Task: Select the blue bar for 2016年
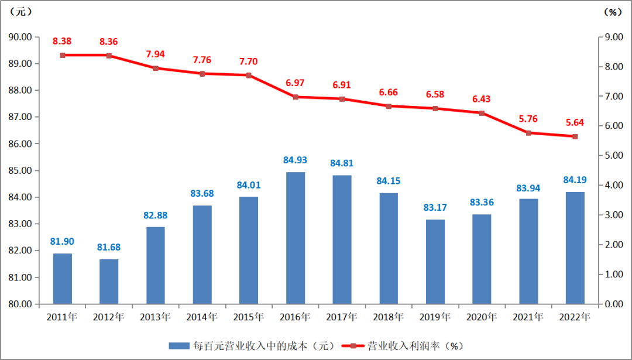pyautogui.click(x=296, y=238)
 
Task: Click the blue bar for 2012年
pyautogui.click(x=109, y=282)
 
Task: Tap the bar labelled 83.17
pyautogui.click(x=435, y=262)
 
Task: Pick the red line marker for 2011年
pyautogui.click(x=63, y=55)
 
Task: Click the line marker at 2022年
pyautogui.click(x=575, y=136)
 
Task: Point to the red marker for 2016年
pyautogui.click(x=296, y=97)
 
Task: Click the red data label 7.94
pyautogui.click(x=156, y=54)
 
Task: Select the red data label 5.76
pyautogui.click(x=528, y=119)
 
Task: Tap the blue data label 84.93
pyautogui.click(x=296, y=160)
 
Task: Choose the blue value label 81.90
pyautogui.click(x=63, y=241)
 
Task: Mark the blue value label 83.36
pyautogui.click(x=482, y=203)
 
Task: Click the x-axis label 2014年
pyautogui.click(x=202, y=317)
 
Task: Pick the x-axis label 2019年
pyautogui.click(x=435, y=317)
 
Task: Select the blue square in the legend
pyautogui.click(x=179, y=345)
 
